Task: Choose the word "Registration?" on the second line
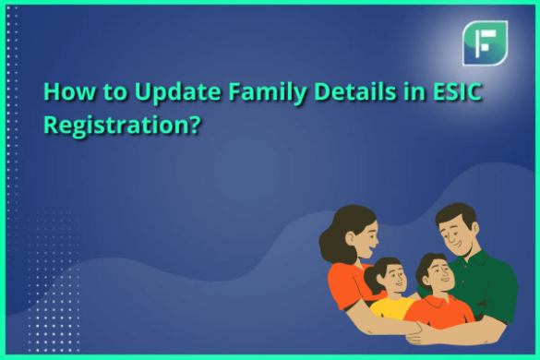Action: tap(123, 123)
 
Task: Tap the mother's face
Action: tap(361, 236)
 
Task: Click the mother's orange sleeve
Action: tap(342, 282)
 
